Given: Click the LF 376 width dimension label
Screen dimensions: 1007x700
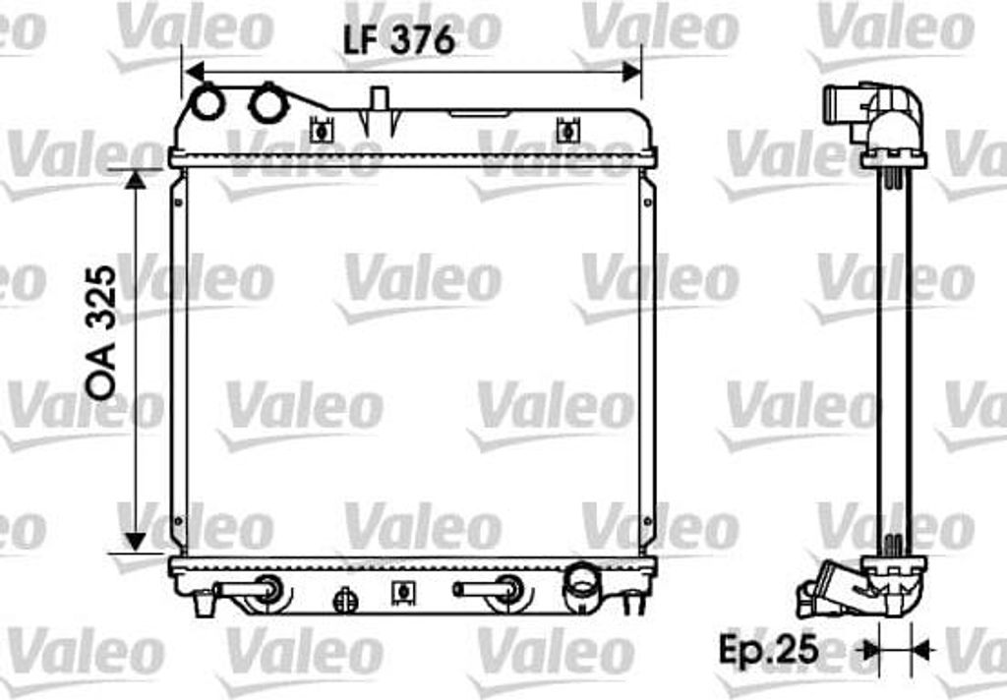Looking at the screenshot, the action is pos(399,41).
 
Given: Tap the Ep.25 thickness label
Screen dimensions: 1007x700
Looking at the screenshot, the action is pos(768,649).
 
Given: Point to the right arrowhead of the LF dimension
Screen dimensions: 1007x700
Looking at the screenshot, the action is pos(632,72).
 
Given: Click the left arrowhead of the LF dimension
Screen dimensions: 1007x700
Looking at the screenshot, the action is pos(194,72).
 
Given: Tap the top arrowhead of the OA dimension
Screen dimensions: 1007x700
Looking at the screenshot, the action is pos(135,180).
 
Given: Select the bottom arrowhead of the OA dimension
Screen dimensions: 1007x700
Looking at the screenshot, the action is pos(135,542).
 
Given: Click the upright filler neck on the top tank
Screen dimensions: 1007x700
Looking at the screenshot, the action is pos(379,104).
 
